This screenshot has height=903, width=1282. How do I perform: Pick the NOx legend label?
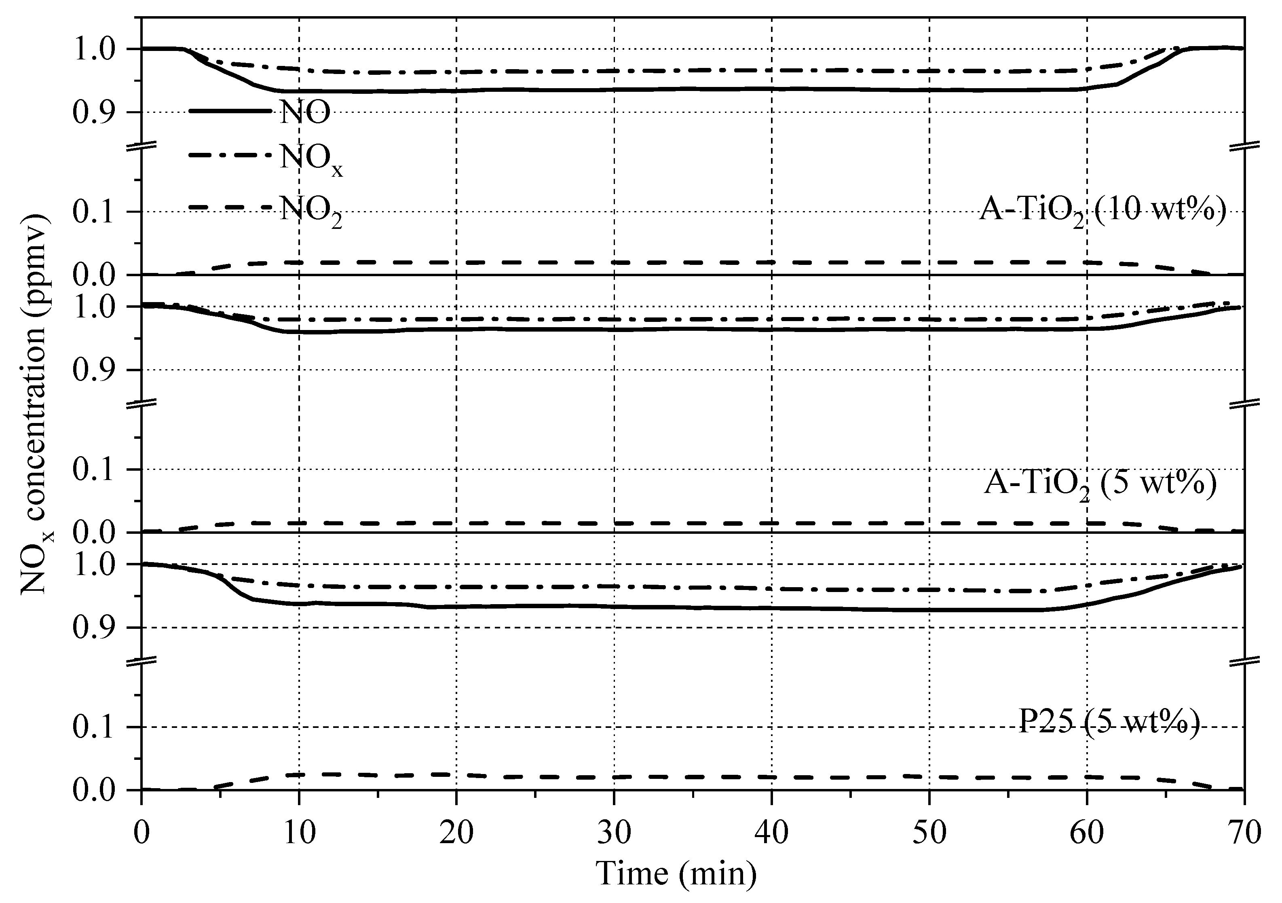pyautogui.click(x=311, y=160)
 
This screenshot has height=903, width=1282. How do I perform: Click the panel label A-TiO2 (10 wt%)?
pyautogui.click(x=1103, y=213)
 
